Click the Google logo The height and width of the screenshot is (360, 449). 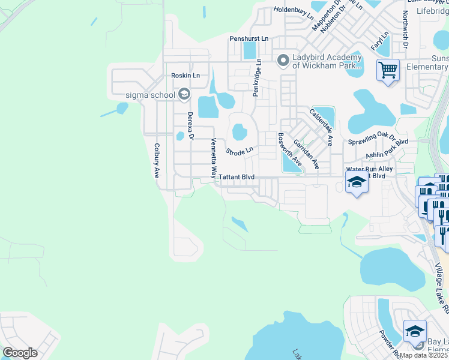coord(20,353)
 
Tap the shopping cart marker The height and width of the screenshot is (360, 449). coord(388,71)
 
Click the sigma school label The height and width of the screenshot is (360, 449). coord(149,94)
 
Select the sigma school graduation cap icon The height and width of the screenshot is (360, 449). coord(184,94)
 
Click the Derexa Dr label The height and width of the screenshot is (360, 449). coord(190,126)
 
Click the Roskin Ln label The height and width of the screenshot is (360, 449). coord(185,76)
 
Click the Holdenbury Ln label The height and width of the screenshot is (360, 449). coord(294,10)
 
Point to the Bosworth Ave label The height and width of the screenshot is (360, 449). coord(289,150)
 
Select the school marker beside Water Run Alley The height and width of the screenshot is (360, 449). coord(357,184)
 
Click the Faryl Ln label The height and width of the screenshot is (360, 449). coord(379,41)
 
